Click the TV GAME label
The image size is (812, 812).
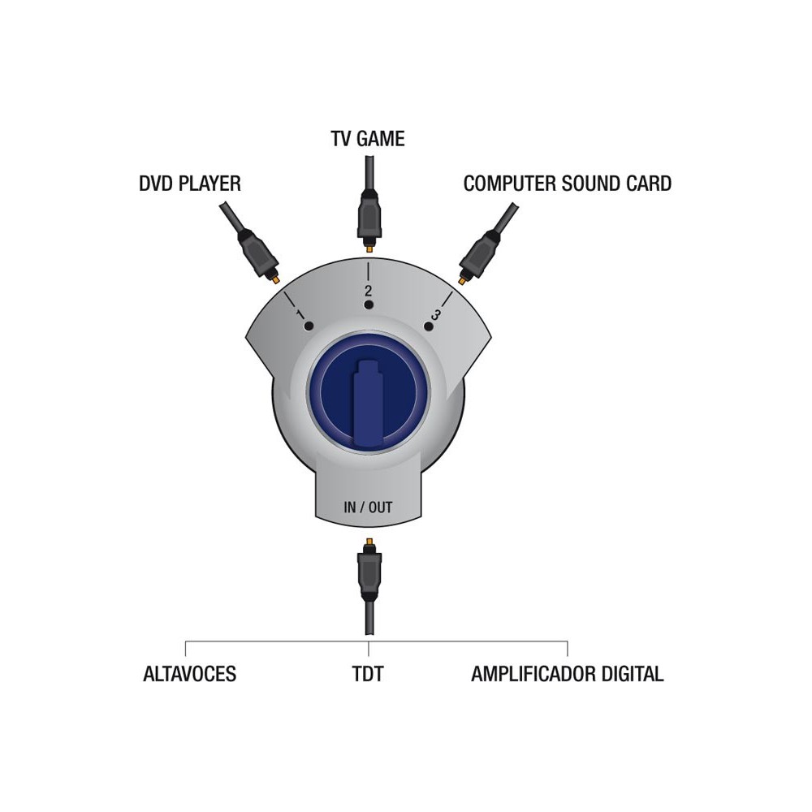[368, 139]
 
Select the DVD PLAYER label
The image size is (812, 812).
[190, 184]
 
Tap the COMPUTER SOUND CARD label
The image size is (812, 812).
[568, 184]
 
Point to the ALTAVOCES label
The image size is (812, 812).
[189, 674]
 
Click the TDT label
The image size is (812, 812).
[368, 674]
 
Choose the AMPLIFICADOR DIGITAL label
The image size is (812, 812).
[568, 674]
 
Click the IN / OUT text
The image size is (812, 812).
[368, 507]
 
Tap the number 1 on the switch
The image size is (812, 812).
[300, 313]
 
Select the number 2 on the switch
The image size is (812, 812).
[368, 290]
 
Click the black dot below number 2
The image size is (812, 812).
[368, 305]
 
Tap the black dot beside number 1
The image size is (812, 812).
[309, 326]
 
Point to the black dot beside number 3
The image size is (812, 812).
[428, 326]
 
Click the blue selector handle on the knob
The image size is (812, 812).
[368, 401]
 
